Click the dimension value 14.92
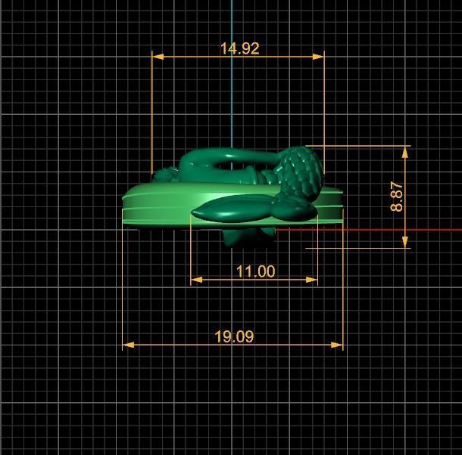(x=240, y=48)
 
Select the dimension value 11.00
(x=256, y=271)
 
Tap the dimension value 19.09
(x=234, y=336)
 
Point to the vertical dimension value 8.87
(x=397, y=197)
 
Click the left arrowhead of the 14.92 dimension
(x=158, y=57)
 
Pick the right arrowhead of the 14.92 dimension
(x=318, y=57)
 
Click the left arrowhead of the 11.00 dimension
(x=196, y=280)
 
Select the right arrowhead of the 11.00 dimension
(x=312, y=280)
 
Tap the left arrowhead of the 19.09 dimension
(x=128, y=345)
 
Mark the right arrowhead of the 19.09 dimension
(x=337, y=345)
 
